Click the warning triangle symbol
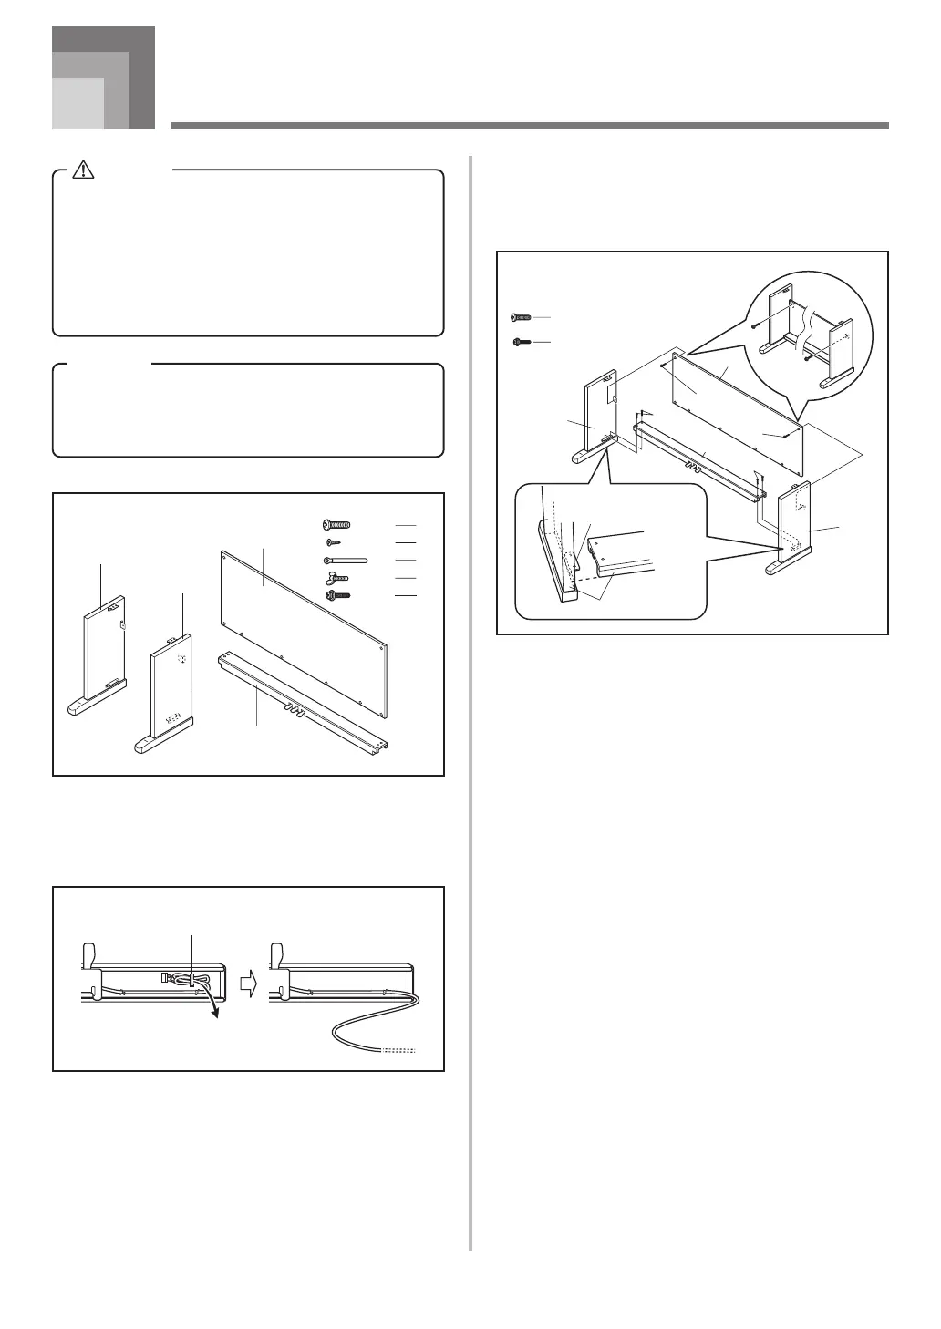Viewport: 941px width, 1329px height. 84,169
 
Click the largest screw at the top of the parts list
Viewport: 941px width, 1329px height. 336,525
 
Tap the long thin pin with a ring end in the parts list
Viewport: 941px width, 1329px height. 344,560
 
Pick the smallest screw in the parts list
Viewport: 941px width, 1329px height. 333,542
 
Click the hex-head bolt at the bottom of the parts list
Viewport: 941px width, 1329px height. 337,595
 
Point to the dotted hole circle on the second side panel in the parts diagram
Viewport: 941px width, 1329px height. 182,661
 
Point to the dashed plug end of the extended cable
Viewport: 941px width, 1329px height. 402,1051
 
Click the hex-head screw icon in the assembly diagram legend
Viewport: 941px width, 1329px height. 519,342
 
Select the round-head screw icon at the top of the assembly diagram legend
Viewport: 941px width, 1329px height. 519,316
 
